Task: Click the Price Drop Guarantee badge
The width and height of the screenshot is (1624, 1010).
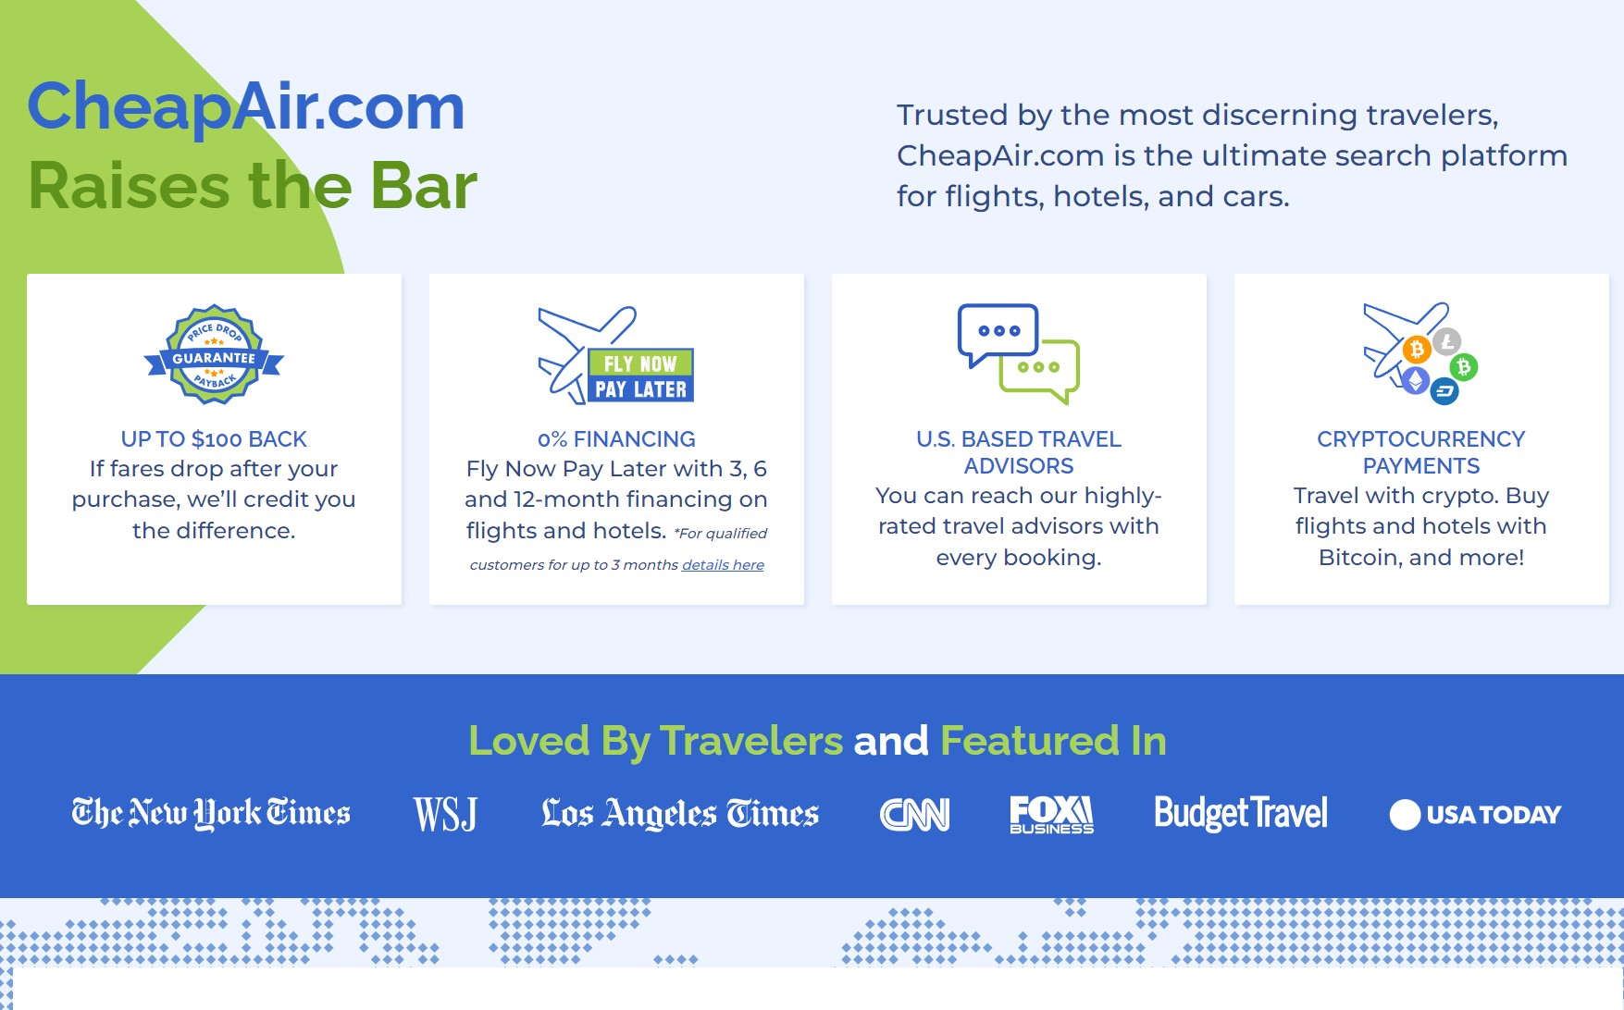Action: [x=214, y=355]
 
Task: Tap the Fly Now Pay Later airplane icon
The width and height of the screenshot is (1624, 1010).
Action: [x=616, y=355]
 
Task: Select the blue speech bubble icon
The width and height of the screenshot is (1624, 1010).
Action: [x=998, y=334]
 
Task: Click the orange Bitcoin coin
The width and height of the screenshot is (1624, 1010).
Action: [x=1416, y=350]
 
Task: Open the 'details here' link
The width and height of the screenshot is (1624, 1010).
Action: [x=723, y=565]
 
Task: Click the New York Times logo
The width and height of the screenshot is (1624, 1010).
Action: [x=211, y=813]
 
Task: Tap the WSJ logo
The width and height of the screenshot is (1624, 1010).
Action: [x=445, y=814]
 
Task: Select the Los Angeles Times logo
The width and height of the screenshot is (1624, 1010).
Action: [x=680, y=813]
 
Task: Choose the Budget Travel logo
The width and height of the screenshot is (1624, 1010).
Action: [x=1241, y=814]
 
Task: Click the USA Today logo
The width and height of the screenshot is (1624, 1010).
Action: [x=1475, y=815]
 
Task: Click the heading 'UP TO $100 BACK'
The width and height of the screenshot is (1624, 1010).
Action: [x=214, y=439]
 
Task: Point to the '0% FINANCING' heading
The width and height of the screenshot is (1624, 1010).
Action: [x=616, y=439]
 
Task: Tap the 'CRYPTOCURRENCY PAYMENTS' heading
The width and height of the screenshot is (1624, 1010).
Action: [x=1421, y=452]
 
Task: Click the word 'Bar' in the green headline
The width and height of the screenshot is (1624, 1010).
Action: [x=424, y=186]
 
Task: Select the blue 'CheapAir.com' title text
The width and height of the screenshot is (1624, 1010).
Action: [x=246, y=107]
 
